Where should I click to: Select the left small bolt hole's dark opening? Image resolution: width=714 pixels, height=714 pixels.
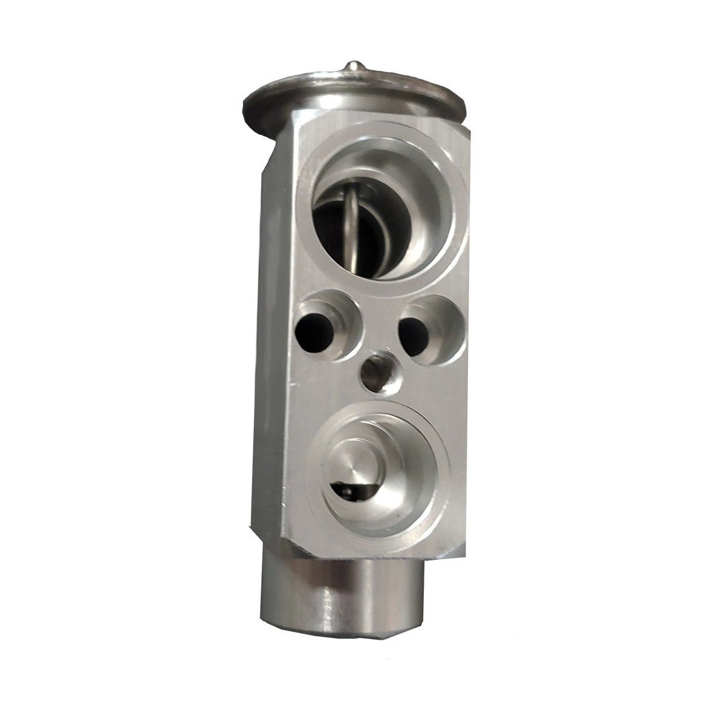(314, 329)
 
